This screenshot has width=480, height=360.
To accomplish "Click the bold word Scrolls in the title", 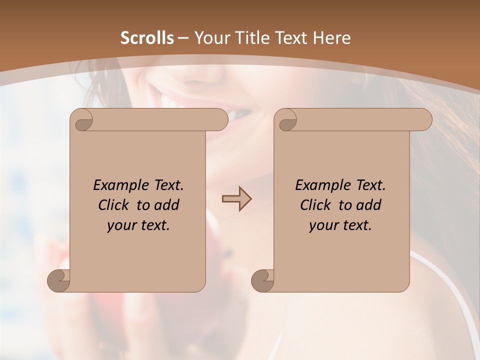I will pyautogui.click(x=147, y=38).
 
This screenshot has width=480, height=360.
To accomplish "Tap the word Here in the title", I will pyautogui.click(x=331, y=38).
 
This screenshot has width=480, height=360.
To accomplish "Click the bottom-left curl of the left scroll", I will pyautogui.click(x=59, y=280).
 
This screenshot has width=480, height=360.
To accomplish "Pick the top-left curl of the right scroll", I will pyautogui.click(x=287, y=120).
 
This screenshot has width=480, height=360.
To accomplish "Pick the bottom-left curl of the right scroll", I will pyautogui.click(x=263, y=280).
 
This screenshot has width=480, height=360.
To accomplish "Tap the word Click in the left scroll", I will pyautogui.click(x=114, y=205).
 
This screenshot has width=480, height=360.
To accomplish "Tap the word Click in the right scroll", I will pyautogui.click(x=316, y=205).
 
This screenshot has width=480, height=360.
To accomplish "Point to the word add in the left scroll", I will pyautogui.click(x=167, y=205).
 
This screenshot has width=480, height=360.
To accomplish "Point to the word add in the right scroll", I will pyautogui.click(x=369, y=205).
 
